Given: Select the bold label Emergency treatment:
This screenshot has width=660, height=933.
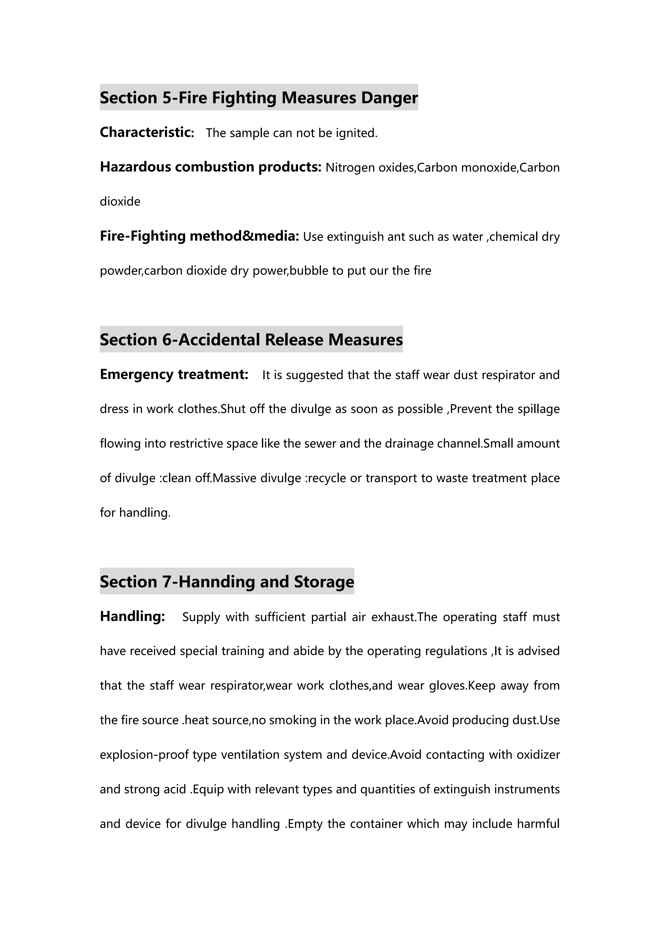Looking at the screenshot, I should pyautogui.click(x=174, y=374).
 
